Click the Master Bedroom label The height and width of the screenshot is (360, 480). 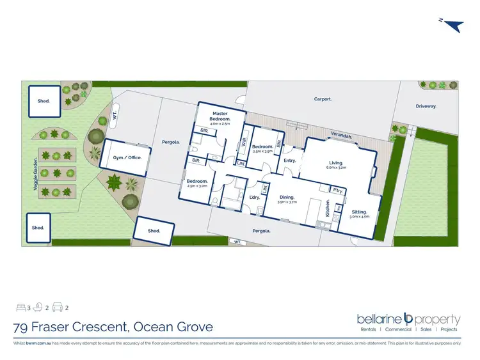(220, 117)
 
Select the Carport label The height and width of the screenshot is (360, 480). (322, 99)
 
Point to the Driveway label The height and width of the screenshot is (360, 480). (426, 107)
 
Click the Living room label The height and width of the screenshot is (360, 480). (337, 163)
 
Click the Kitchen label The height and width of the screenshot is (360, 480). (328, 208)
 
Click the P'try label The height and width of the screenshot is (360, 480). (338, 191)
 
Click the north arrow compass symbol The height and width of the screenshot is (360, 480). (452, 25)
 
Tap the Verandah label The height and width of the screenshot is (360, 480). (342, 136)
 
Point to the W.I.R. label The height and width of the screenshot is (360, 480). (244, 144)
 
